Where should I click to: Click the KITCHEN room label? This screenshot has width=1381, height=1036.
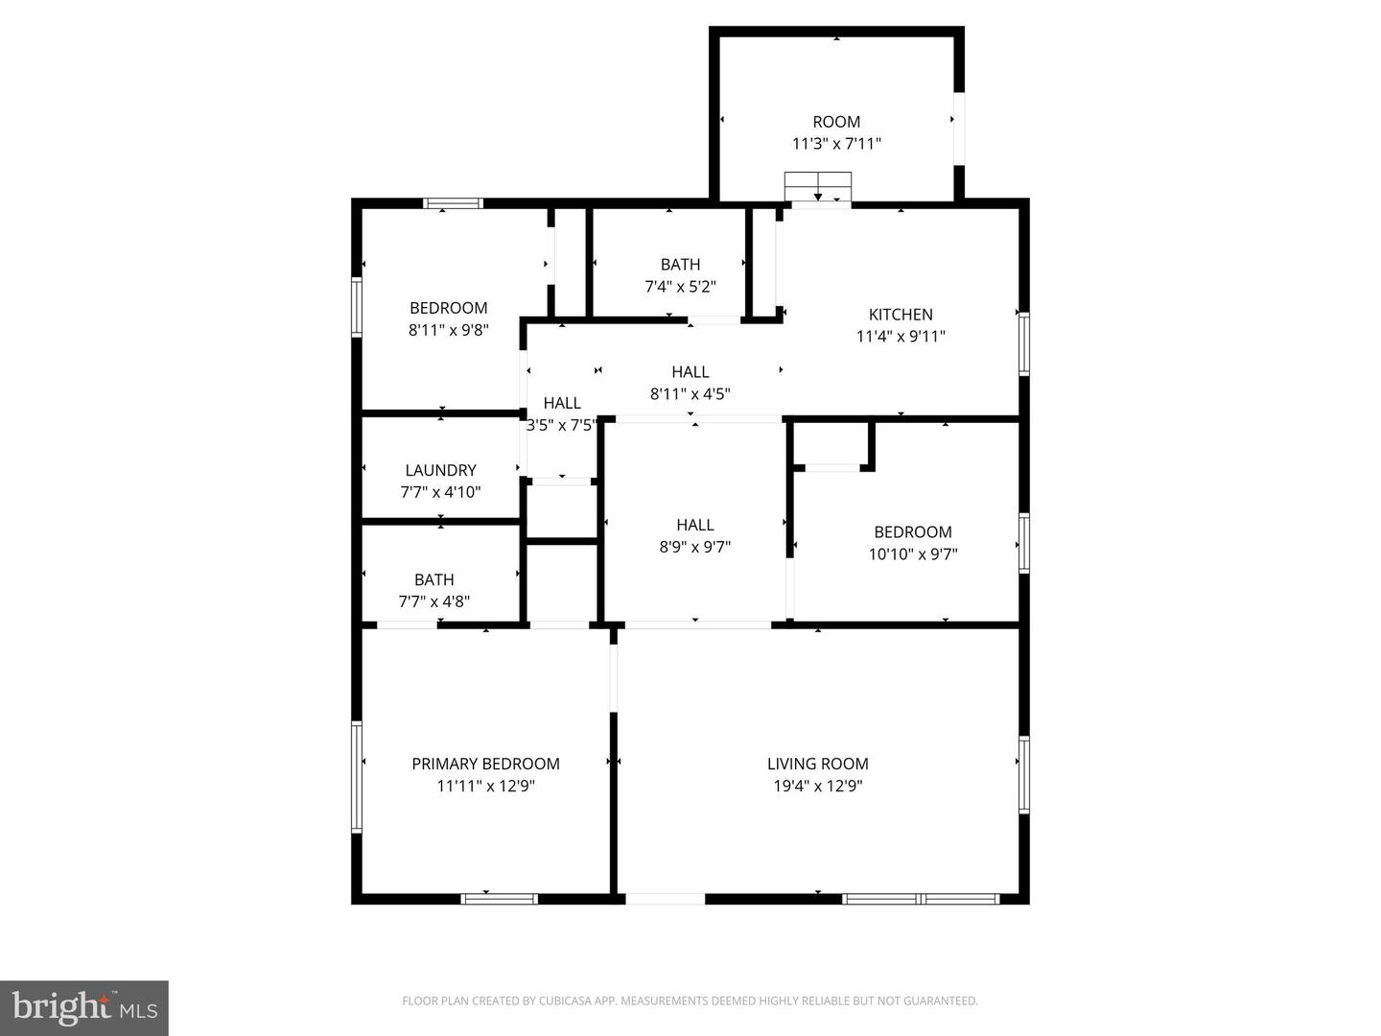[901, 315]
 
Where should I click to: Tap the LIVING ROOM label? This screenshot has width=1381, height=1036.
[817, 764]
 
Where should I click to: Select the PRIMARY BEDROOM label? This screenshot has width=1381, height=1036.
[485, 764]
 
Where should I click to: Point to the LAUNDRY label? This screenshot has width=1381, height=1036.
[440, 470]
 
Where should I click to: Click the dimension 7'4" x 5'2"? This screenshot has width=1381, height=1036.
[680, 286]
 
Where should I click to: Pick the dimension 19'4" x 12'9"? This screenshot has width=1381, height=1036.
[817, 786]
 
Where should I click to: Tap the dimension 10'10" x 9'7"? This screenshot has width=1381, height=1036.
[913, 553]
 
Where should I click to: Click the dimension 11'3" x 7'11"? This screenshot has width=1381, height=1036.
[836, 144]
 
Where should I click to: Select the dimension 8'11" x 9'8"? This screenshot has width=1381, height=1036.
[449, 330]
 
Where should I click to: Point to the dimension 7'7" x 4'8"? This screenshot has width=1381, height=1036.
[434, 601]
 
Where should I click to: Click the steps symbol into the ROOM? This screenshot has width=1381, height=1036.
[818, 185]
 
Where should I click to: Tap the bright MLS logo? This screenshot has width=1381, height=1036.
[84, 1007]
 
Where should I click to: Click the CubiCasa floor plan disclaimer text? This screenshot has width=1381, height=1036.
[690, 1001]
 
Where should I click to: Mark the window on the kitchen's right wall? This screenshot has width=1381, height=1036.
[1023, 343]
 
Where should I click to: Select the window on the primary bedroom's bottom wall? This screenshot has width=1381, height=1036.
[499, 899]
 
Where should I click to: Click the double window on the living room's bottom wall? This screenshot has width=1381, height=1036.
[921, 899]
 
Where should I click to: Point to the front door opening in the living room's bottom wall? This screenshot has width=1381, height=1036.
[665, 899]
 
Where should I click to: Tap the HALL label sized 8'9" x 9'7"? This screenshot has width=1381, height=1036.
[694, 525]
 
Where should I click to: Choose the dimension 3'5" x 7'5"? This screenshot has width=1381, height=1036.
[562, 425]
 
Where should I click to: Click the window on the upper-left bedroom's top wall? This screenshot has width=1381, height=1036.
[453, 203]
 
